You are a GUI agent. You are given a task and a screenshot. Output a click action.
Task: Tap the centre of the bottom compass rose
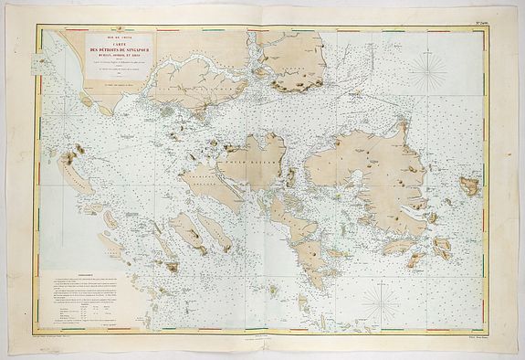(377, 302)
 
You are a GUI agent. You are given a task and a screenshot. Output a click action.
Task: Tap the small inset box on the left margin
(40, 64)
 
